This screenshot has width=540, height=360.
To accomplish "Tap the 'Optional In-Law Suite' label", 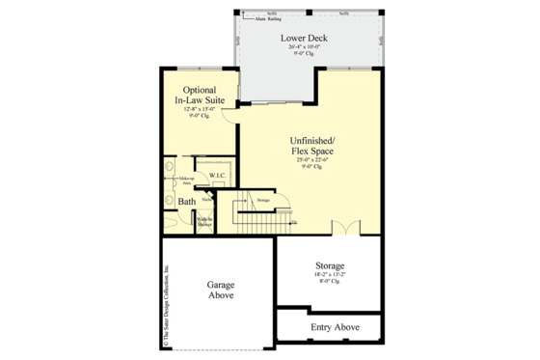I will point(199,95).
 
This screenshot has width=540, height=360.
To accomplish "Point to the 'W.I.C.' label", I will point(218,176).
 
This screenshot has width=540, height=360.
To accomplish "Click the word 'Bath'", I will point(187,202).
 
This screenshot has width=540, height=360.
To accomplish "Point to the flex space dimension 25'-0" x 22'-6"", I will point(313,160).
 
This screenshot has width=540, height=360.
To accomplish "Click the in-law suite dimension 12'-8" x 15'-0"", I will point(199,109).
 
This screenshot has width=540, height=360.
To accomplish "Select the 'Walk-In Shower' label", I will point(204,222).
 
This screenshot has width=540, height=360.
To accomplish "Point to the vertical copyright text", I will point(165,304).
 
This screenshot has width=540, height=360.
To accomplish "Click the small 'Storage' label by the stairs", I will point(263,201).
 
